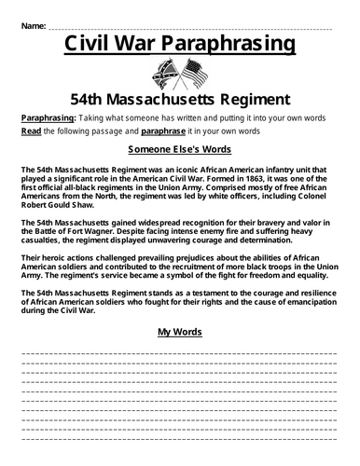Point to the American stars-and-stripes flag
(193, 74)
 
